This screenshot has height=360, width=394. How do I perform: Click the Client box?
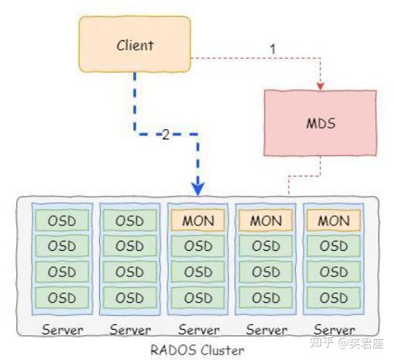pos(135,44)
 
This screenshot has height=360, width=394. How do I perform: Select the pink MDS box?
pos(320,123)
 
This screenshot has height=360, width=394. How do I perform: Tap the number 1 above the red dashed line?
pos(272,49)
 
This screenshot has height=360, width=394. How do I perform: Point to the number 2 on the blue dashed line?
pos(166,135)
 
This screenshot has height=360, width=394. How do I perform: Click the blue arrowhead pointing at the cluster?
pos(198,189)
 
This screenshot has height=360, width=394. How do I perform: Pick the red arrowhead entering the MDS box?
pos(320,87)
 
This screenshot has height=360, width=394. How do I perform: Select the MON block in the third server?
pos(198,221)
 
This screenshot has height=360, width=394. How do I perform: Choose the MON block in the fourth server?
pos(266,221)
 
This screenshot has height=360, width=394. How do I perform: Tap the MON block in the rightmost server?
pos(334,221)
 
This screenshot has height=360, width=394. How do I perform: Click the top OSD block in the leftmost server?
pos(62,221)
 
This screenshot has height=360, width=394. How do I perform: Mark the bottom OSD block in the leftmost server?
pos(62,298)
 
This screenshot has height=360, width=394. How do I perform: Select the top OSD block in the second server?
pos(129,221)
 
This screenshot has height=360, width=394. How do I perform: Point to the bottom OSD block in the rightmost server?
pos(334,298)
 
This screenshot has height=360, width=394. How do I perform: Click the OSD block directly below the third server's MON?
pos(198,246)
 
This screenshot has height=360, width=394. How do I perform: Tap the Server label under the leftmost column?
pos(63,330)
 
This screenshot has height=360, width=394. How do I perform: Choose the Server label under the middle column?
pos(199,330)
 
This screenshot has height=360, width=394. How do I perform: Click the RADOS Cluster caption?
pos(197,350)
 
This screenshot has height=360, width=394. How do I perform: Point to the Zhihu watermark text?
pos(347,343)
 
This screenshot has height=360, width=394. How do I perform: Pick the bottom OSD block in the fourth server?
pos(266,298)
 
